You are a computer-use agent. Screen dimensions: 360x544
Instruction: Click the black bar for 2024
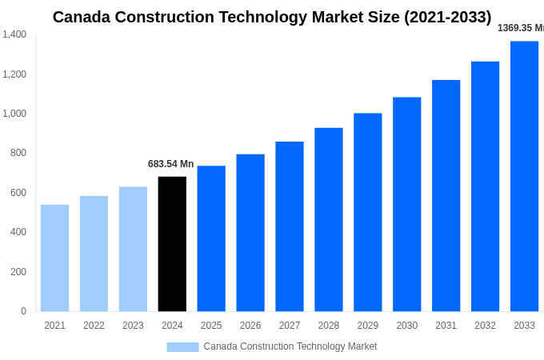click(172, 244)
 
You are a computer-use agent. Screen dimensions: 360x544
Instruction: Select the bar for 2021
click(54, 258)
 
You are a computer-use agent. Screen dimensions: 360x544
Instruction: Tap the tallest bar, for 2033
click(524, 176)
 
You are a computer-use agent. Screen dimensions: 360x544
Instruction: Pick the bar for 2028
click(329, 219)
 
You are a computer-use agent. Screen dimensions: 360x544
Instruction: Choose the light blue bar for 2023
click(133, 249)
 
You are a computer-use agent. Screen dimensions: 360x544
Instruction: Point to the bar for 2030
click(406, 204)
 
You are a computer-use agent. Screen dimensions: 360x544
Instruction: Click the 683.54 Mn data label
click(170, 164)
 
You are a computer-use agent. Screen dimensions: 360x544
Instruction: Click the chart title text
click(272, 17)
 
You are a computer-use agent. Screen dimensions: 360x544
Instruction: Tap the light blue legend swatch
click(182, 346)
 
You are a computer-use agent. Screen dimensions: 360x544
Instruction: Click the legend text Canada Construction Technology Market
click(290, 346)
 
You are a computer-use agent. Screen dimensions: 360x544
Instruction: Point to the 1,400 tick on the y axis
click(14, 34)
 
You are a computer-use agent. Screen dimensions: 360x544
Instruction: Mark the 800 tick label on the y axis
click(18, 153)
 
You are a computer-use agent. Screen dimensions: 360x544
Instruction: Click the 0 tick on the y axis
click(23, 311)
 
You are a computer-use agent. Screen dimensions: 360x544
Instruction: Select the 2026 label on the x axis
click(250, 326)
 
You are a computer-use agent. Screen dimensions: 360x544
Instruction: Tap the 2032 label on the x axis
click(485, 326)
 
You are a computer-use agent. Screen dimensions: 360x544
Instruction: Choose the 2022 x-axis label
click(94, 326)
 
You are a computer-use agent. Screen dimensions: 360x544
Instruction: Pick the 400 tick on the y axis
click(18, 232)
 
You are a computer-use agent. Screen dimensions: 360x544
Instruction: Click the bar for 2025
click(211, 238)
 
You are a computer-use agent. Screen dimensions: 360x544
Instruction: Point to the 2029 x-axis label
click(368, 326)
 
